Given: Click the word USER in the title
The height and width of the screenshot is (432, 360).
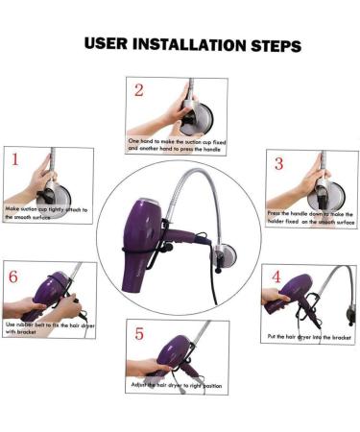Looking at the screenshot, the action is [106, 43].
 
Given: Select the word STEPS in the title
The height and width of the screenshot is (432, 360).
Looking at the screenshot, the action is [276, 45].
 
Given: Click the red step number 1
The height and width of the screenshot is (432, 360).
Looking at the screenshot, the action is [15, 159].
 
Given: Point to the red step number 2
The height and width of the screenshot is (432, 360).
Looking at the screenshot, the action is [139, 90].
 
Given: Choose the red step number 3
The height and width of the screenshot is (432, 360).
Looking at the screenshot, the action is [279, 163].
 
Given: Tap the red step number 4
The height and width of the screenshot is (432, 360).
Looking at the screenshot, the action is [276, 276].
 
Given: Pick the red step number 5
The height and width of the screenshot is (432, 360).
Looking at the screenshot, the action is [139, 334].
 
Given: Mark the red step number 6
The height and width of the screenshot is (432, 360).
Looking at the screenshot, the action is [13, 276].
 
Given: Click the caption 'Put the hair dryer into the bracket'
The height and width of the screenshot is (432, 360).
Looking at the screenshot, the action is [309, 337].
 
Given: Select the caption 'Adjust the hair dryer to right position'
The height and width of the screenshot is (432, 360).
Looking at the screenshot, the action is [177, 385].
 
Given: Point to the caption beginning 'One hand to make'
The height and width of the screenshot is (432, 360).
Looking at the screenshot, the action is [177, 145].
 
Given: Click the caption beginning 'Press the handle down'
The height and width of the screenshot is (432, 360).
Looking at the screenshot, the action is [311, 217].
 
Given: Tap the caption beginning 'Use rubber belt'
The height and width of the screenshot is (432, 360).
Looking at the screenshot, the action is [50, 328].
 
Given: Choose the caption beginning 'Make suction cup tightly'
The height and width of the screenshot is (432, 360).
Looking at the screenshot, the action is [46, 213].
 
